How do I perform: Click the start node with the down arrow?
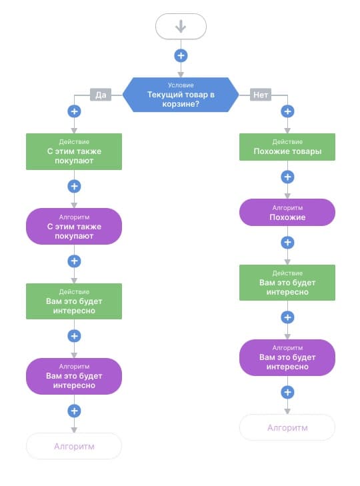point(181,27)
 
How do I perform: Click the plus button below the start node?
point(181,56)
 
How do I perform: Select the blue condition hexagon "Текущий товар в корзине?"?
point(181,95)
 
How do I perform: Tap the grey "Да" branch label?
point(101,95)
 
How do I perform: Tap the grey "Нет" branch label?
point(261,95)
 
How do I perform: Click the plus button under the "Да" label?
point(74,111)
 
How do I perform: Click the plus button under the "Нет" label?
point(287,111)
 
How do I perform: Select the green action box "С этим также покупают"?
point(74,151)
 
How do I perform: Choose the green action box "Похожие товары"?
point(287,147)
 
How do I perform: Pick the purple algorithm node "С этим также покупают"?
point(74,226)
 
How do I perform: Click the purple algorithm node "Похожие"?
point(287,212)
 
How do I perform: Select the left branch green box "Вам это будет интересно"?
point(74,301)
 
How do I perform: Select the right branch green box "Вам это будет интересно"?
point(287,283)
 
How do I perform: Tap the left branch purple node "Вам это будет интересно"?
point(74,376)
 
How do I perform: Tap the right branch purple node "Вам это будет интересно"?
point(287,358)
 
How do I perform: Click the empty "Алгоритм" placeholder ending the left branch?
point(74,446)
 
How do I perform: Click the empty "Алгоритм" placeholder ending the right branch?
point(287,428)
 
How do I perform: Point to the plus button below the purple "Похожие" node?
point(287,243)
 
